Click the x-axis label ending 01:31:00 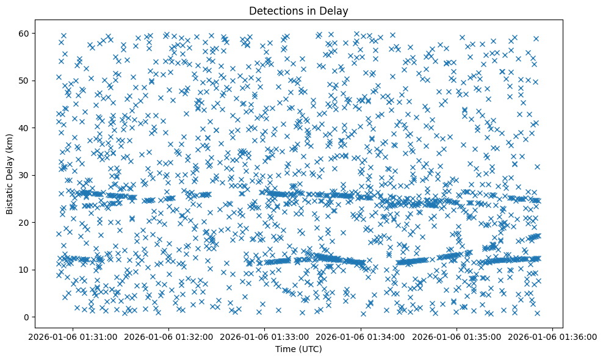pyautogui.click(x=73, y=337)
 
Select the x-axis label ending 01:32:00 pyautogui.click(x=169, y=337)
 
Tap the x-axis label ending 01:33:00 pyautogui.click(x=265, y=337)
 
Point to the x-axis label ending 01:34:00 pyautogui.click(x=361, y=337)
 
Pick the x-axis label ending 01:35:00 pyautogui.click(x=457, y=337)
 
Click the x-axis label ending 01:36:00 pyautogui.click(x=552, y=337)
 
